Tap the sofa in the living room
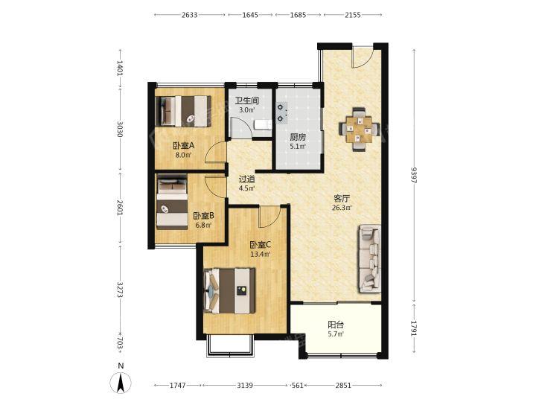(x=370, y=258)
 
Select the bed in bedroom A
(x=184, y=111)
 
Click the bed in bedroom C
(x=229, y=290)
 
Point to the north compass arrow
(x=121, y=383)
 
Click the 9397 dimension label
(x=415, y=175)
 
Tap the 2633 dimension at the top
(x=190, y=15)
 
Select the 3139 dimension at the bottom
(x=245, y=386)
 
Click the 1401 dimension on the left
(x=120, y=68)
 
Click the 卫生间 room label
(x=247, y=100)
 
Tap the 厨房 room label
(x=298, y=137)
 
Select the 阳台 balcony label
(x=336, y=325)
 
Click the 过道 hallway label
(x=246, y=179)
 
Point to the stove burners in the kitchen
(x=281, y=113)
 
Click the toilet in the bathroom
(x=262, y=125)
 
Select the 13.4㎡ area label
(x=261, y=255)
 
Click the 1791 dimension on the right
(x=415, y=328)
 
